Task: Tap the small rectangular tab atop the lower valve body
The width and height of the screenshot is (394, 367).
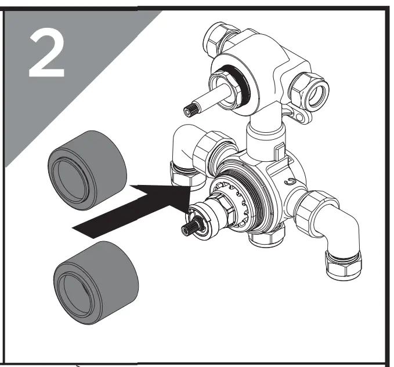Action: click(x=279, y=150)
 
